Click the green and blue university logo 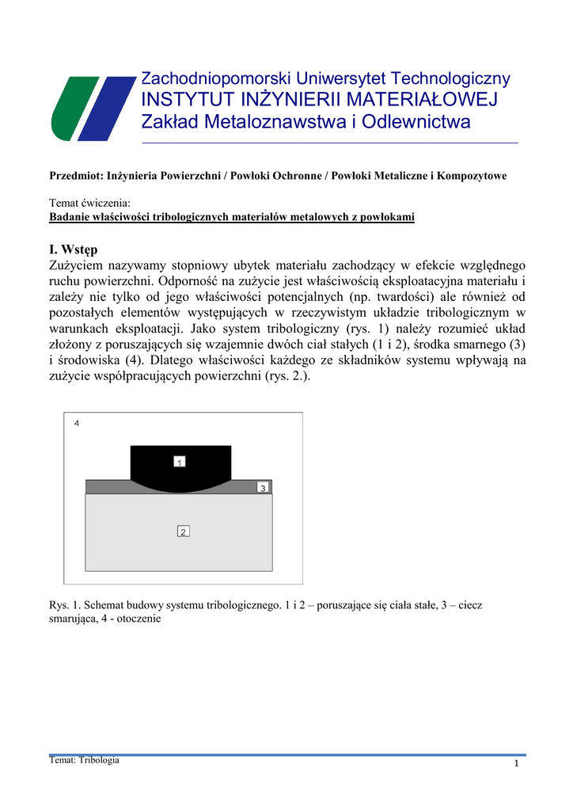(93, 108)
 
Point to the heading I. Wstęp (73, 251)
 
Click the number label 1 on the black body (180, 461)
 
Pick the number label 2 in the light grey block (183, 531)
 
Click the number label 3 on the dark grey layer (263, 488)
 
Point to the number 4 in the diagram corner (77, 424)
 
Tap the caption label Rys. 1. (63, 605)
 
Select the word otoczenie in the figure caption (139, 619)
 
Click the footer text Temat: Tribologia (85, 760)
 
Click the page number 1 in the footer (515, 763)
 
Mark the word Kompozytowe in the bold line (469, 175)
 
